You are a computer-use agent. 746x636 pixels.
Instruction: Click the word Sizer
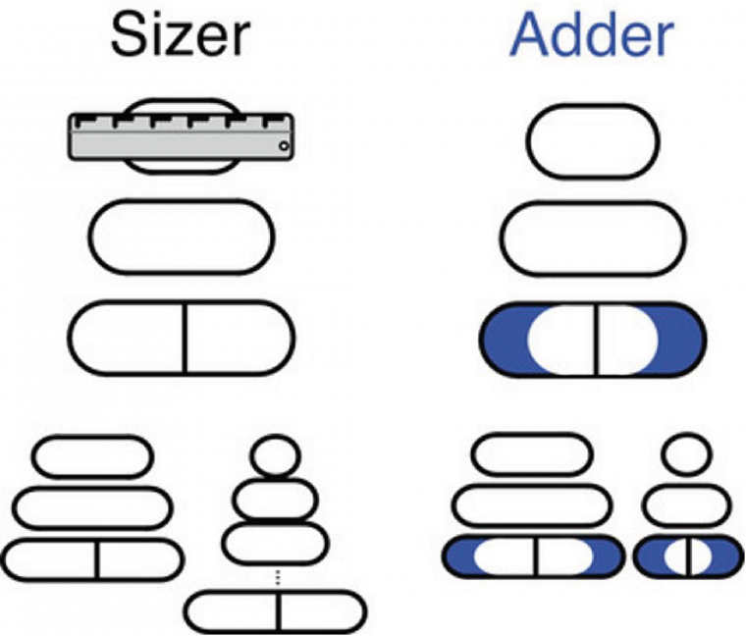(x=180, y=37)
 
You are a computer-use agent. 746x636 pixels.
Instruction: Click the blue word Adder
(x=592, y=37)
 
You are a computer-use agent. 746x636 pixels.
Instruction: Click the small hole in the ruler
(x=283, y=147)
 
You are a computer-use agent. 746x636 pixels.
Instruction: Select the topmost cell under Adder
(x=593, y=139)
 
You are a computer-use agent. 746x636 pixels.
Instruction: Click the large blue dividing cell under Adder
(x=593, y=340)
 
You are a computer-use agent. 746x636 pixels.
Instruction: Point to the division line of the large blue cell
(x=594, y=340)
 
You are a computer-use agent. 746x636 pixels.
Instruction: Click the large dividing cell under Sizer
(x=183, y=338)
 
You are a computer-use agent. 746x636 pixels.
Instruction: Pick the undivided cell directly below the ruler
(x=182, y=236)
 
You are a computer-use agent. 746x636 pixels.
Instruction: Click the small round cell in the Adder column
(x=687, y=453)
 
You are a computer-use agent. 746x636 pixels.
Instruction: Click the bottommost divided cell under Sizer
(x=277, y=610)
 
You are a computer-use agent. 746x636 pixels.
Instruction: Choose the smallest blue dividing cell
(x=687, y=556)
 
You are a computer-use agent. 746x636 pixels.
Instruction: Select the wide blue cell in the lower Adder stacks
(x=534, y=557)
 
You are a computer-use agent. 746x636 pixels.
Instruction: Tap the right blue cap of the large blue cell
(x=681, y=340)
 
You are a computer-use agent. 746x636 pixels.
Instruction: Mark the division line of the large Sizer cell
(x=184, y=338)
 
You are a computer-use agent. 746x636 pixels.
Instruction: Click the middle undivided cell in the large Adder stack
(x=593, y=236)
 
